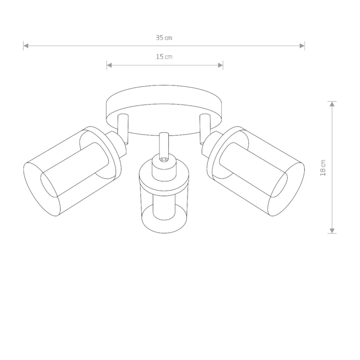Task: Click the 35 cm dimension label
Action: tap(164, 37)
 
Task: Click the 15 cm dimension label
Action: tap(164, 57)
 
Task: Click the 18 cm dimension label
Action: tap(323, 168)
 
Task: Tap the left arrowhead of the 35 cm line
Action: tap(26, 45)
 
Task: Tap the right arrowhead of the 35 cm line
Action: tap(302, 45)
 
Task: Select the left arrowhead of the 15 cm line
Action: tap(109, 65)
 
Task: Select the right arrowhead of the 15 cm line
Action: tap(220, 65)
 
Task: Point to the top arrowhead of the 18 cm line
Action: tap(332, 104)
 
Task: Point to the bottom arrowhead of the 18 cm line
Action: tap(332, 231)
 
